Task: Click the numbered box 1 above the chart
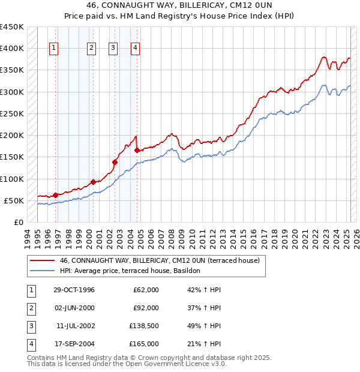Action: coord(54,49)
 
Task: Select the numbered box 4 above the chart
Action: coord(136,49)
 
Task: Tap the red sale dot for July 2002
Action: coord(115,162)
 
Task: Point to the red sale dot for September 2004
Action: coord(137,151)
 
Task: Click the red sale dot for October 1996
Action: coord(55,195)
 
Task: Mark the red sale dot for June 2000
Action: coord(93,182)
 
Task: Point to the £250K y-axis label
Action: coord(12,113)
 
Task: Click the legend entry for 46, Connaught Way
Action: coord(159,260)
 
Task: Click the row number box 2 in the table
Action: coord(31,308)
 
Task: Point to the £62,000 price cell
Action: coord(146,290)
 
